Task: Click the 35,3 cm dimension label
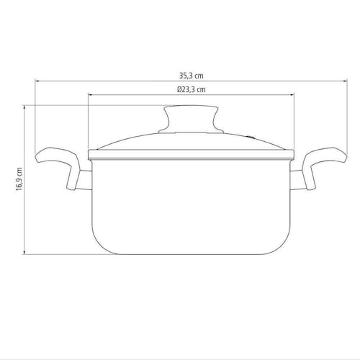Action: coord(192,76)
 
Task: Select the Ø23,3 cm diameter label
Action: coord(192,89)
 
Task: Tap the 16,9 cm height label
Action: coord(19,179)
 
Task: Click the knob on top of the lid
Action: coord(191,119)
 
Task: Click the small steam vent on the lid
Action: coord(251,138)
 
